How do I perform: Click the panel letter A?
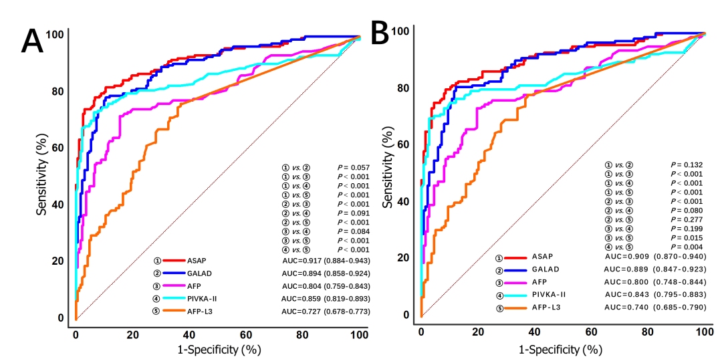pos(35,41)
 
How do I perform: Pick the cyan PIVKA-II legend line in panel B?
pos(517,295)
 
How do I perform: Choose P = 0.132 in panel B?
pos(687,164)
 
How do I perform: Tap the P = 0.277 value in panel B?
pos(687,220)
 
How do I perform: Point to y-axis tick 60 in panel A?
pos(59,148)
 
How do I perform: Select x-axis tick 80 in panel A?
pos(304,334)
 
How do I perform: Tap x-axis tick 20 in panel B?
pos(478,332)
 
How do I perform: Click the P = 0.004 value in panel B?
pos(687,247)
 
